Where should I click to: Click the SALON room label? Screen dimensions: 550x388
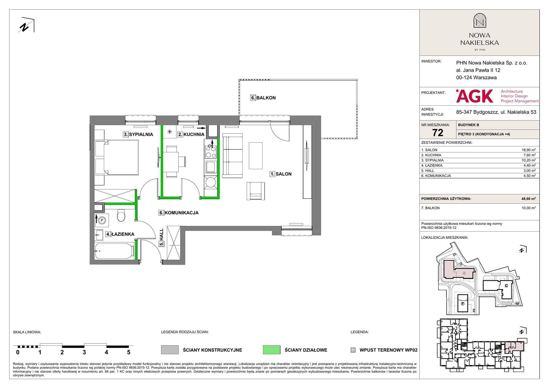[x=284, y=174]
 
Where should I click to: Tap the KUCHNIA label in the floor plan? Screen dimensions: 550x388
[x=194, y=134]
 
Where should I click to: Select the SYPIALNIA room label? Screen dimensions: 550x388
[x=141, y=134]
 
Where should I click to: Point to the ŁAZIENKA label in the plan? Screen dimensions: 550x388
[x=123, y=234]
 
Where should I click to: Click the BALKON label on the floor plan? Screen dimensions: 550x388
[x=266, y=98]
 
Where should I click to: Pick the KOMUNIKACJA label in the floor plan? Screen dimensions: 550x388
[x=182, y=213]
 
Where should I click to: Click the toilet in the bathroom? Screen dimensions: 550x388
[x=121, y=215]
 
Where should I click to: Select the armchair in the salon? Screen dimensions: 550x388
[x=255, y=191]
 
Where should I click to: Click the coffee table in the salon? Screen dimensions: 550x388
[x=255, y=156]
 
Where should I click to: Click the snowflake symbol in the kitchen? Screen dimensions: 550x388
[x=170, y=132]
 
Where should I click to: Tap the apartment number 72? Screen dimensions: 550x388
[x=438, y=133]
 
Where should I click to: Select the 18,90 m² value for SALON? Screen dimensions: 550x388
[x=529, y=150]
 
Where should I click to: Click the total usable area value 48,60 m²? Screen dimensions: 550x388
[x=529, y=199]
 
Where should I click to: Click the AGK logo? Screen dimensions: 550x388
[x=475, y=96]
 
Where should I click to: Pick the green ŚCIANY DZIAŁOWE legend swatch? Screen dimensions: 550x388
[x=271, y=350]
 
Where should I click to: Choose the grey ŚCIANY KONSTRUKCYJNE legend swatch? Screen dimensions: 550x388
[x=170, y=350]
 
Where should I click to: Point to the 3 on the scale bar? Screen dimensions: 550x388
[x=84, y=352]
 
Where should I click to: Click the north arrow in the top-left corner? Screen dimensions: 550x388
[x=27, y=25]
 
